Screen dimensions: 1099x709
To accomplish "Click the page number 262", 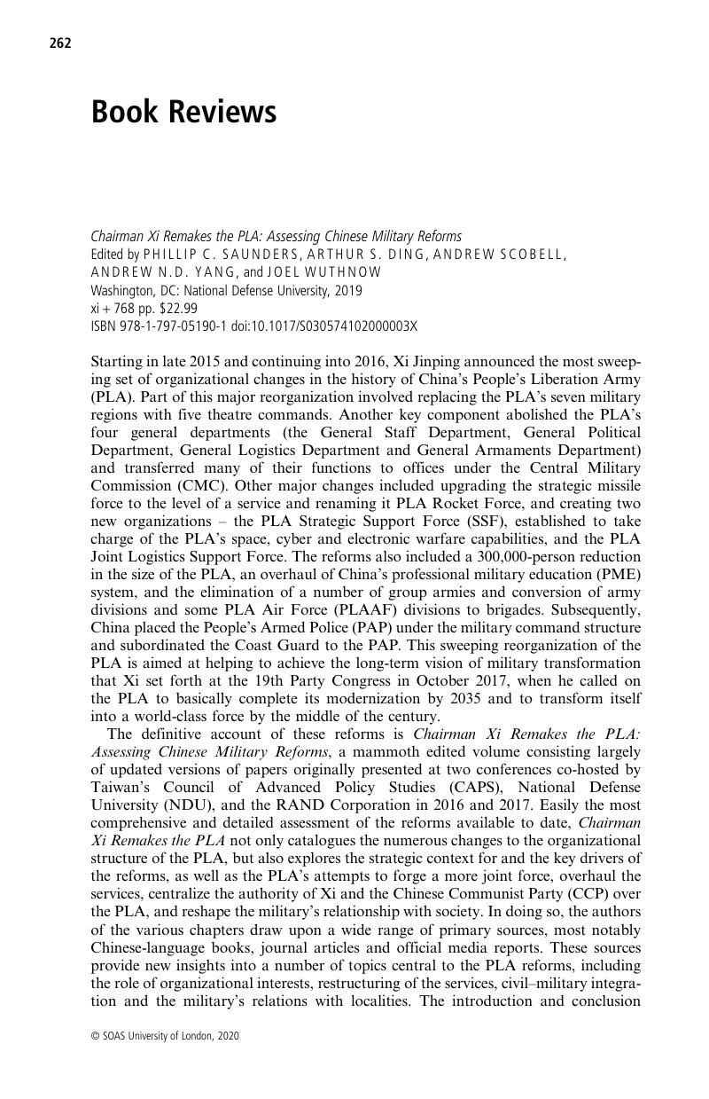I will pyautogui.click(x=60, y=43).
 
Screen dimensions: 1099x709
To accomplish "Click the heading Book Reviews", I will pyautogui.click(x=183, y=113).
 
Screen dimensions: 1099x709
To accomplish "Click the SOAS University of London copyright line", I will pyautogui.click(x=165, y=1035).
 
